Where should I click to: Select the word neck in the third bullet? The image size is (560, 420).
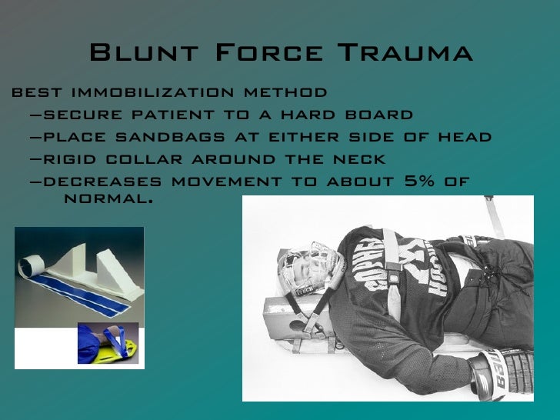tap(359, 160)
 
